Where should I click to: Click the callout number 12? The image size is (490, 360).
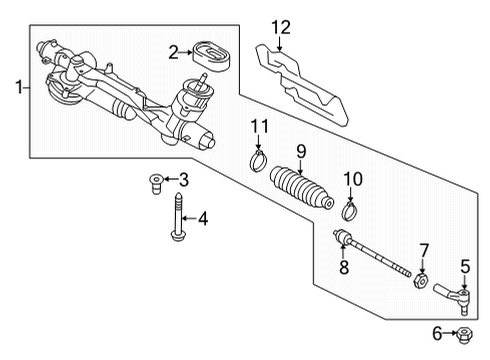coord(281,27)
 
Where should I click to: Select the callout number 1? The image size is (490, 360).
coord(20,87)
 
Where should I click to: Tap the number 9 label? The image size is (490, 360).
coord(301,152)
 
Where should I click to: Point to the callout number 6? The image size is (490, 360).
coord(437,333)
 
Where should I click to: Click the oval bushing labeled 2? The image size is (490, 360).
coord(212,56)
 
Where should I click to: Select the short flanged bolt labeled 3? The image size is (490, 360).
coord(155,183)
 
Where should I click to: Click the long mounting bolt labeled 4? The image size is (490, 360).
coord(178,216)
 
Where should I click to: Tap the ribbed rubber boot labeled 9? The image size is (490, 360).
coord(301,188)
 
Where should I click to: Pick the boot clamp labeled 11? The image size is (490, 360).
coord(258,161)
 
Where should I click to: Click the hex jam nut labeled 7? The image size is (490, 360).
coord(421,280)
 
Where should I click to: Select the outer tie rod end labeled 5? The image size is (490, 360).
coord(453,298)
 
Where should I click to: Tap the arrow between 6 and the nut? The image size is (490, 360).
coord(451,333)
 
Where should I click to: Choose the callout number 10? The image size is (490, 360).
coord(353,179)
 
